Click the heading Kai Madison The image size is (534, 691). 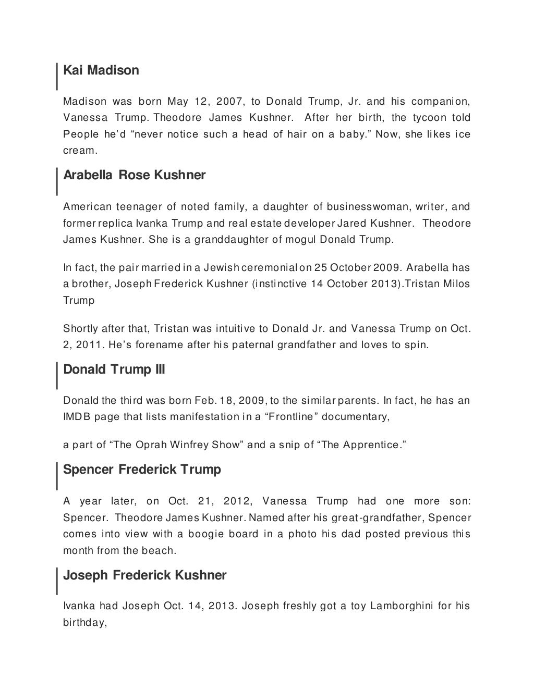pos(101,70)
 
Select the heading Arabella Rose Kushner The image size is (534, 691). pos(134,175)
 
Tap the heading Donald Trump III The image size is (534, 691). pos(114,370)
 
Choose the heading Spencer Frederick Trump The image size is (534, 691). pos(142,470)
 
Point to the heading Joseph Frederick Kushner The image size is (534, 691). pos(144,575)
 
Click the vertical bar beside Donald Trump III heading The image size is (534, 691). pos(57,375)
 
